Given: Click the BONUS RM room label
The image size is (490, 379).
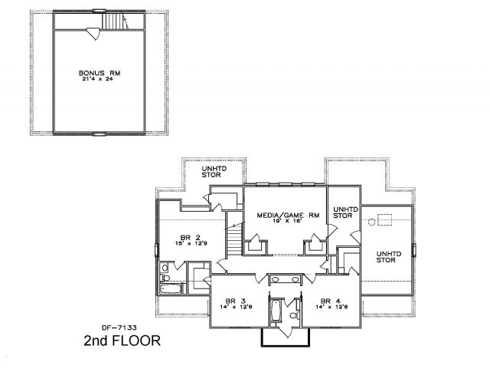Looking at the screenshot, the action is pos(100,73).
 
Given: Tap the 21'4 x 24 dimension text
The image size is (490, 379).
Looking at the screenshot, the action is pos(97,79).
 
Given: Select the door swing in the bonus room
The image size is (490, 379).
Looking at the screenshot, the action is pos(93,34).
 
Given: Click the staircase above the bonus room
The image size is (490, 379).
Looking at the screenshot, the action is pos(116,21).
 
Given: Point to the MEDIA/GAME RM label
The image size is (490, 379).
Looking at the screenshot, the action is pos(288,215).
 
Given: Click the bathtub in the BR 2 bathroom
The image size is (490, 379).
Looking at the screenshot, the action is pos(171,288).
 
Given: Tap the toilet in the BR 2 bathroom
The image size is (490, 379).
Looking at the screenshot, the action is pos(165,278).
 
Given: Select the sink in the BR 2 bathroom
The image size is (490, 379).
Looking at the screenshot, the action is pos(165,268).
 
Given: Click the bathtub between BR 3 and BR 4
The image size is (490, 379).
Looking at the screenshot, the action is pos(276,311).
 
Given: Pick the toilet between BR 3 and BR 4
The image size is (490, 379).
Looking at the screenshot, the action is pos(295,315).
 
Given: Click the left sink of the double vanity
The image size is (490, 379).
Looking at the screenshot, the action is pos(276,278).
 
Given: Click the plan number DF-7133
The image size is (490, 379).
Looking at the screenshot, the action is pos(119,328).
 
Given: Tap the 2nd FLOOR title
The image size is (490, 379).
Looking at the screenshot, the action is pos(122,341).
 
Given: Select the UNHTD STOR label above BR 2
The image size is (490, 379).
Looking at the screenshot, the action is pos(214,172).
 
